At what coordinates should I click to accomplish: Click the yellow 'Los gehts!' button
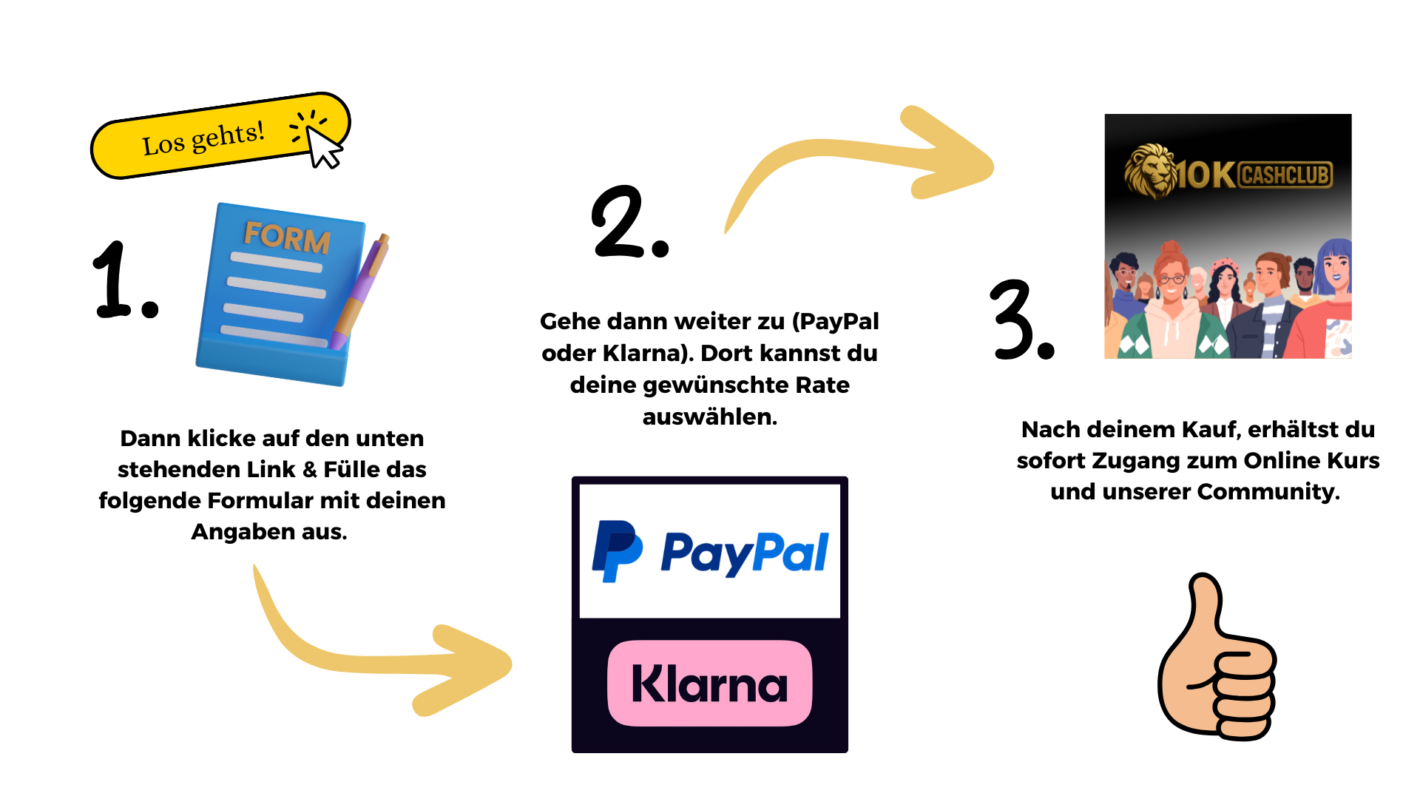220,136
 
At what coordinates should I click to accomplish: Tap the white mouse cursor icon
324,146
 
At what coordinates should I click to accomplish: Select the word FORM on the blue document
287,237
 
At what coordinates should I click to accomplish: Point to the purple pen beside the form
361,291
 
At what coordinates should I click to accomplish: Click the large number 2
620,221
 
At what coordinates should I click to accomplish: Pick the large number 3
1012,320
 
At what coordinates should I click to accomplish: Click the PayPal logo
710,552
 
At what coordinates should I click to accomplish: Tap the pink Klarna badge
710,683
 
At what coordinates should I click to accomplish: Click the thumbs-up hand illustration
1217,657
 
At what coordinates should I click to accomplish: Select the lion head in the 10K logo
1150,171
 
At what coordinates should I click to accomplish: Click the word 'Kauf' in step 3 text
1208,429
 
